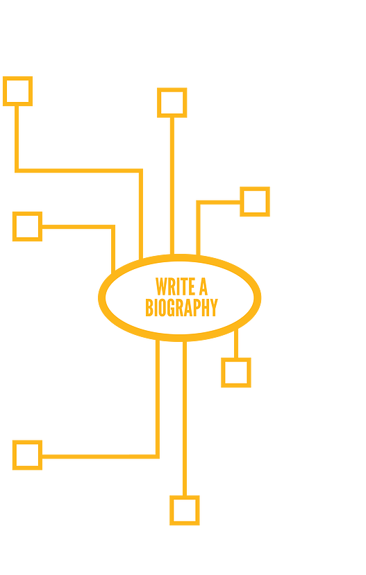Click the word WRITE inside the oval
(x=176, y=286)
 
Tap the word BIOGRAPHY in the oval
(x=182, y=307)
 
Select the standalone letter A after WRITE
(x=203, y=286)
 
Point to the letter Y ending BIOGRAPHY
(x=214, y=307)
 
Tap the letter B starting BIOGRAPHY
(x=149, y=307)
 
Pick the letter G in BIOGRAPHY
(x=171, y=307)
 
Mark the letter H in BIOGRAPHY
(x=205, y=307)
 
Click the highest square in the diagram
(x=17, y=92)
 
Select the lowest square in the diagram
(x=185, y=510)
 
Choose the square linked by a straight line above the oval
(x=172, y=103)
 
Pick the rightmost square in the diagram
(x=255, y=202)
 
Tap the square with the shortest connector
(x=236, y=372)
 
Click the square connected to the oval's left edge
(x=28, y=227)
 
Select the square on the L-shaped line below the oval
(x=28, y=455)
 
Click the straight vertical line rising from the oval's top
(x=172, y=186)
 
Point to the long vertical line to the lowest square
(x=185, y=418)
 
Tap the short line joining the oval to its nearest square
(x=236, y=343)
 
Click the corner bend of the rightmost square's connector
(x=198, y=202)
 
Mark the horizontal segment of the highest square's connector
(x=79, y=171)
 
